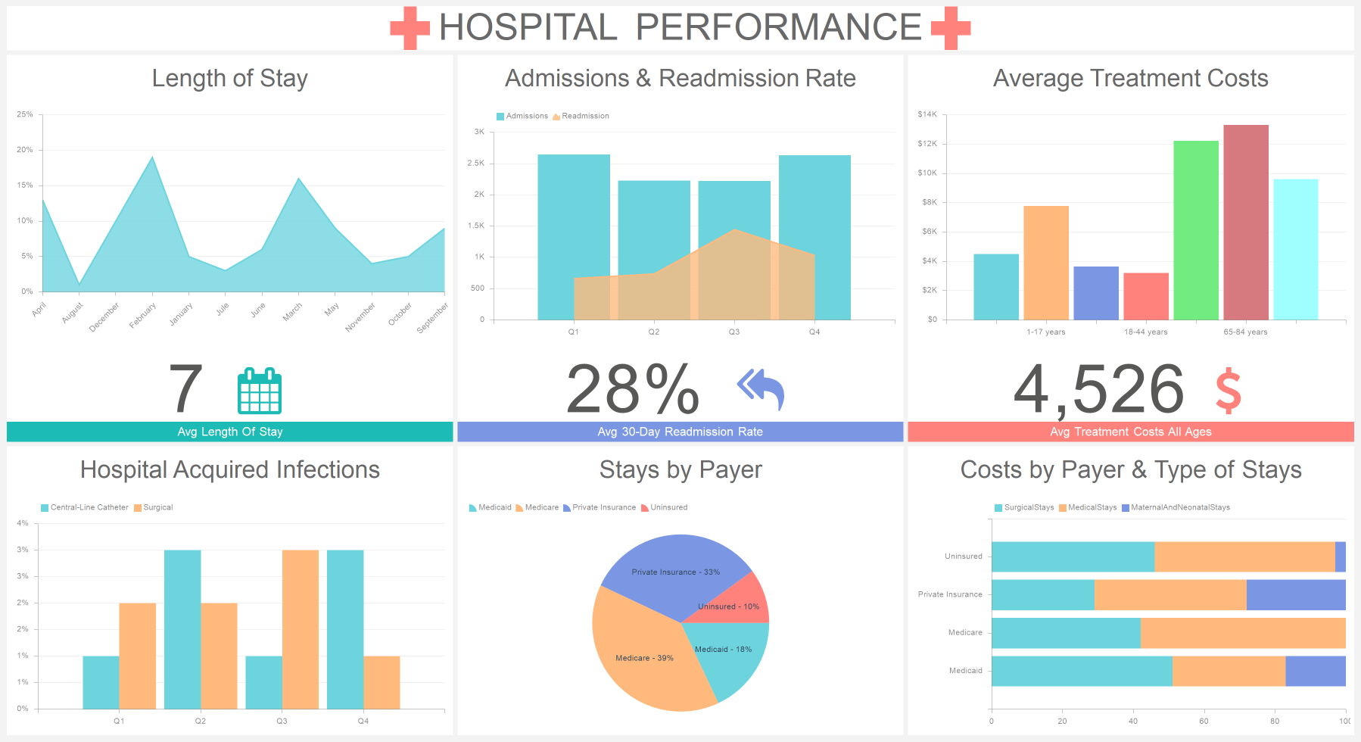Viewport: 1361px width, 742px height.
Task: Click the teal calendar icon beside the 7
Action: click(x=260, y=391)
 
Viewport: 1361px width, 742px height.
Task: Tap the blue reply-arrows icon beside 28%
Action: click(x=761, y=389)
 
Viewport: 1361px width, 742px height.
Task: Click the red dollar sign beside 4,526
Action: click(x=1228, y=391)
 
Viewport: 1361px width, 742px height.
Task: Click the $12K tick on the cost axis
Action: click(x=927, y=143)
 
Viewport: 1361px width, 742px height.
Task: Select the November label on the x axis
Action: click(x=360, y=317)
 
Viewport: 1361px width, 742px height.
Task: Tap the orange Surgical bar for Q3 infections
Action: click(x=301, y=629)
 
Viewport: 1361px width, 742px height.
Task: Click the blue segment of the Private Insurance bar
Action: click(x=1295, y=594)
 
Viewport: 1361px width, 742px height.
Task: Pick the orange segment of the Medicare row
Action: click(x=1242, y=633)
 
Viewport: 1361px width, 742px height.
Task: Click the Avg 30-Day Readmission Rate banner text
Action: click(x=680, y=432)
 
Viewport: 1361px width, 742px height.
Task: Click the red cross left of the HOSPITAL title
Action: click(x=410, y=28)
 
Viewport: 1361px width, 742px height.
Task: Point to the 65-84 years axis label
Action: click(x=1245, y=332)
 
